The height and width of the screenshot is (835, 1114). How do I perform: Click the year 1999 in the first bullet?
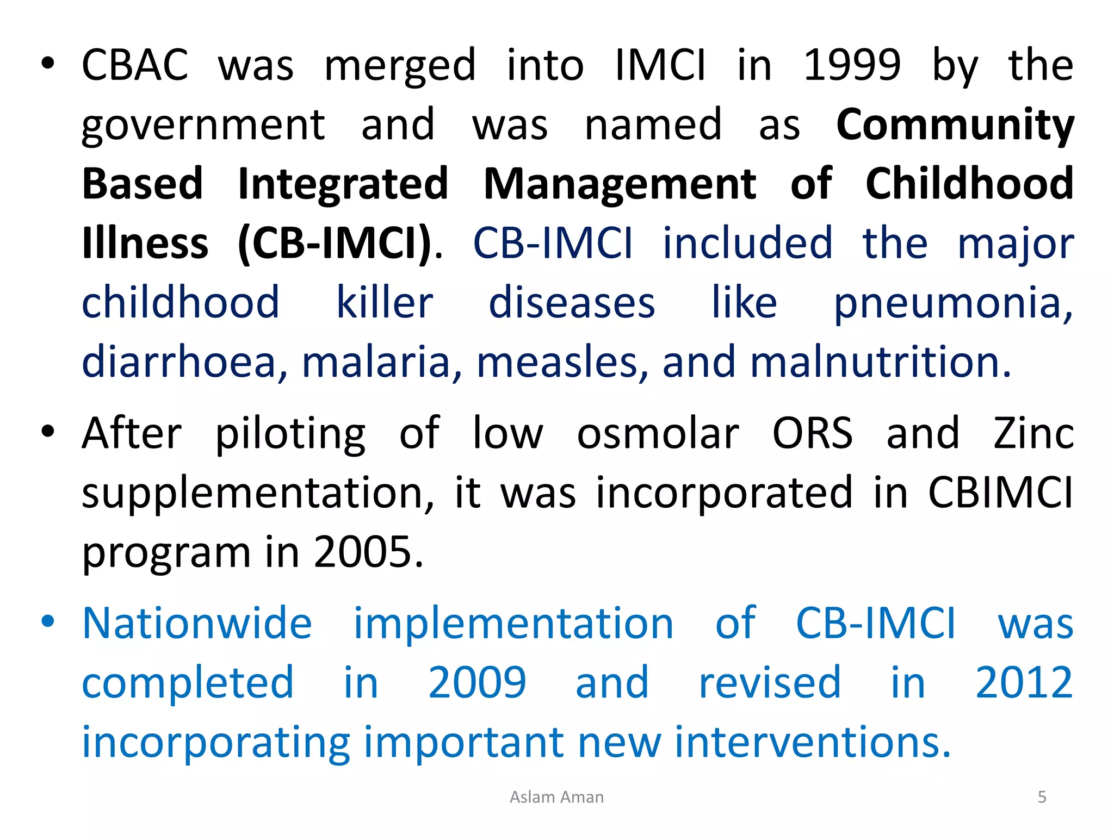pos(852,65)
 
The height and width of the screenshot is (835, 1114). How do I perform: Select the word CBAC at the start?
pos(135,65)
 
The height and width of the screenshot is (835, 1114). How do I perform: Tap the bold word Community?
pos(955,124)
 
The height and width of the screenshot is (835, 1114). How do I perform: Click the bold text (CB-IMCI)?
pos(335,243)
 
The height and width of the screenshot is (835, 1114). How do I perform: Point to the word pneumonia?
pos(953,303)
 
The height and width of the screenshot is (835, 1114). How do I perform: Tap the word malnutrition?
pos(880,362)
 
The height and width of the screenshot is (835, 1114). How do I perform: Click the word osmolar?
pos(658,433)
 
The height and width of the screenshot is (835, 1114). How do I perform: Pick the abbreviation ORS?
pos(813,433)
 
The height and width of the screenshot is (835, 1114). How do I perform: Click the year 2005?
pos(368,552)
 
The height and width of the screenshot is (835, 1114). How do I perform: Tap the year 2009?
pos(477,683)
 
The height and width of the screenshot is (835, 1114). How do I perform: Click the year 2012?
pos(1024,683)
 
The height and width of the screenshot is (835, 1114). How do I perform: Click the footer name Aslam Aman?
pos(556,797)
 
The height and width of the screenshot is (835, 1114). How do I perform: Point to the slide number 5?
pos(1042,797)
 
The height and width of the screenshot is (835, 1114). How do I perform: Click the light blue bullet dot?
pos(48,621)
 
